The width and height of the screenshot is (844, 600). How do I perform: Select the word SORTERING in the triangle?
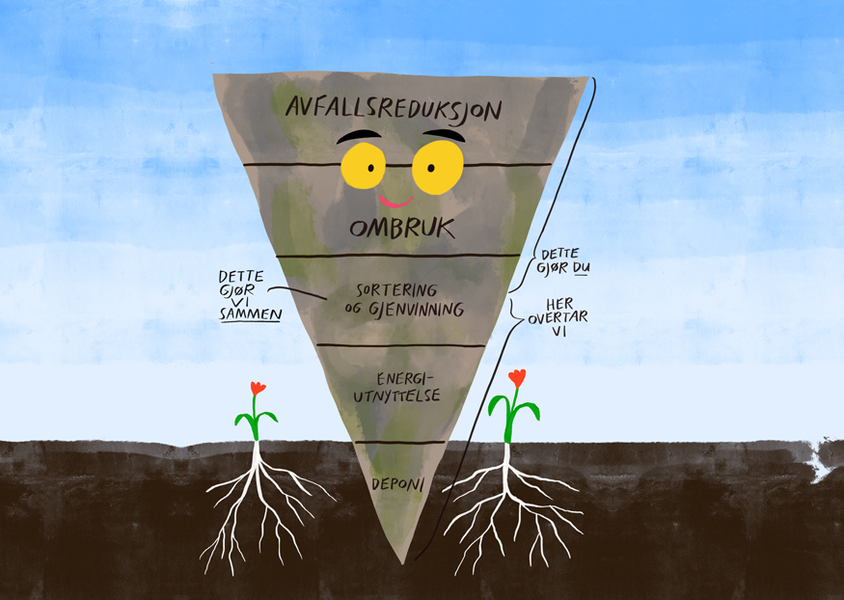[397, 289]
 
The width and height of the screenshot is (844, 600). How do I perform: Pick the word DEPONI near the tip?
[396, 482]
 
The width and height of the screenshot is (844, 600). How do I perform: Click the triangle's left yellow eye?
[363, 165]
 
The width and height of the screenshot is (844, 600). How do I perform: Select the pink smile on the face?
[395, 202]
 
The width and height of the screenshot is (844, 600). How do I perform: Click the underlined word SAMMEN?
[250, 313]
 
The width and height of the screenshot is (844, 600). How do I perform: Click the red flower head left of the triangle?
[258, 388]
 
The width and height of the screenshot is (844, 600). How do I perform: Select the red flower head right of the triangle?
[517, 377]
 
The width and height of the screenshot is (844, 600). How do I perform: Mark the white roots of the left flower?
[259, 506]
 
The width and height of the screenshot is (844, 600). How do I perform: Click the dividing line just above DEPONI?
[399, 443]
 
